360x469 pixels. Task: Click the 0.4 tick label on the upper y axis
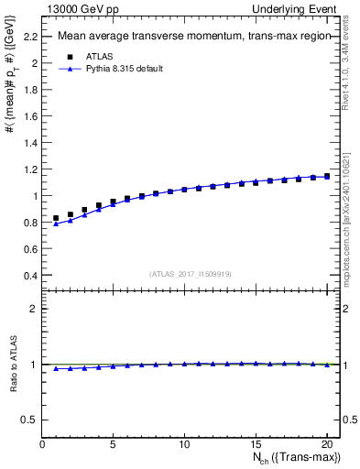pos(32,275)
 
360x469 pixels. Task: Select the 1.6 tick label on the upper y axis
pos(32,116)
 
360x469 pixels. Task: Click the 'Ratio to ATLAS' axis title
pos(12,364)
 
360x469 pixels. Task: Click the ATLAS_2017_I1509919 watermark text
pos(190,273)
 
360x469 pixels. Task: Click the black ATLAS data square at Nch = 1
pos(56,218)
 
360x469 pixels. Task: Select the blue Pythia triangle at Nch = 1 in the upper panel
pos(56,224)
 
